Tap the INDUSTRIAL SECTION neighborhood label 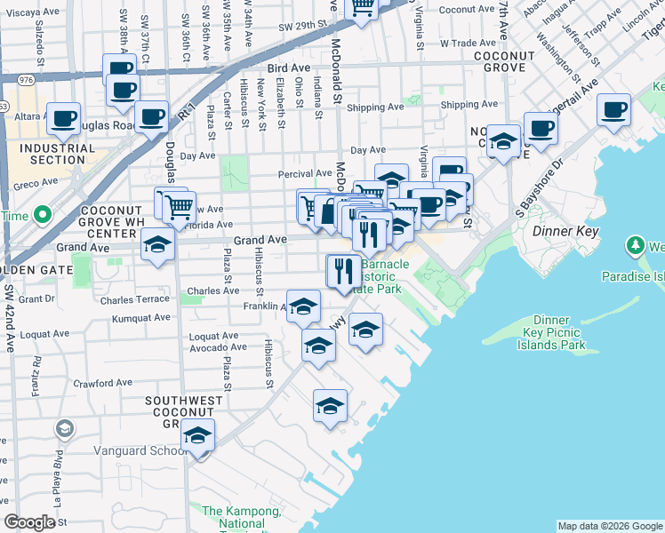pos(57,154)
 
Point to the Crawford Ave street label pos(102,384)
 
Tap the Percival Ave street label pos(305,173)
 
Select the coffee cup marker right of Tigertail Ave pos(613,110)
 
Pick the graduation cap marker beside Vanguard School pos(197,437)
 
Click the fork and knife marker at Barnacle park pos(343,270)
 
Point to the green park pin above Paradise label pos(634,244)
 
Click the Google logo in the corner pos(29,522)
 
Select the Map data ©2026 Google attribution pos(610,526)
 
